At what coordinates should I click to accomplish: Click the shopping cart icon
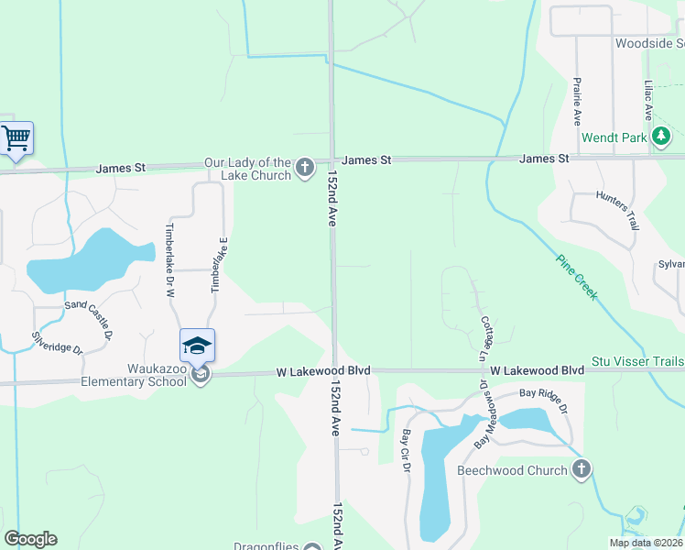click(x=16, y=139)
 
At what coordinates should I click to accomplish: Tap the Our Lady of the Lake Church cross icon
click(x=305, y=169)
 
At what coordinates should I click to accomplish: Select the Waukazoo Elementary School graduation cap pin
click(x=197, y=346)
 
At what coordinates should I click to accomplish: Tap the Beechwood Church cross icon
click(x=581, y=470)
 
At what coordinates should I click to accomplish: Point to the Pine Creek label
click(x=577, y=276)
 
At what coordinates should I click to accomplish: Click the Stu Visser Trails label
click(x=637, y=362)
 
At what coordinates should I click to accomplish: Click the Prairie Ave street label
click(x=577, y=100)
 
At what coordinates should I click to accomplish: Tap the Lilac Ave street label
click(x=647, y=100)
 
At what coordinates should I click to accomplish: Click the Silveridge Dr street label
click(x=57, y=342)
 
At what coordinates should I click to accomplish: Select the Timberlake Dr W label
click(x=169, y=260)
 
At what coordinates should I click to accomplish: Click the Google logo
click(x=30, y=539)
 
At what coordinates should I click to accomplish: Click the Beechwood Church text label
click(x=513, y=471)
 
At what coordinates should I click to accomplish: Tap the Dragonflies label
click(x=266, y=547)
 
